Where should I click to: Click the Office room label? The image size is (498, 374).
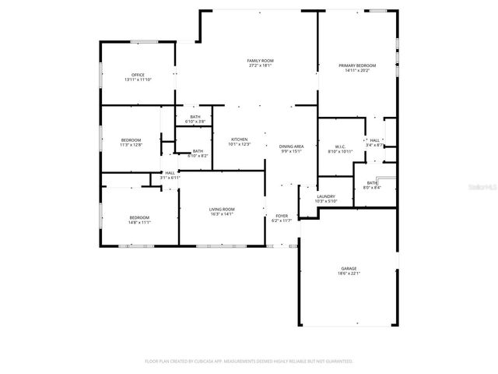(x=138, y=75)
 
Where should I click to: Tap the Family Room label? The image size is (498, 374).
(x=260, y=60)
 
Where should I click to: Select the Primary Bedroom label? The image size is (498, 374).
(x=357, y=65)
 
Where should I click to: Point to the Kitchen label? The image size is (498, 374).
(x=239, y=139)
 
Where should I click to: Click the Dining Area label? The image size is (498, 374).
(x=292, y=146)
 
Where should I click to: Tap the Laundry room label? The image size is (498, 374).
(x=325, y=196)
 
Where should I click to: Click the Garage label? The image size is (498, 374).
(x=348, y=269)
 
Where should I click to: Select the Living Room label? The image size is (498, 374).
(x=222, y=209)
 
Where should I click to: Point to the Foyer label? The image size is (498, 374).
(x=281, y=216)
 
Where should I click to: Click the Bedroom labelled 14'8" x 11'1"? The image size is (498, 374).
(x=139, y=217)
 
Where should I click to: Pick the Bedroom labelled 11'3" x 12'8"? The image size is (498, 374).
(x=131, y=139)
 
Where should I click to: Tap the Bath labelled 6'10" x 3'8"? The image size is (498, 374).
(x=195, y=117)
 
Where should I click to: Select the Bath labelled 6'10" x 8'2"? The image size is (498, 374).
(x=198, y=151)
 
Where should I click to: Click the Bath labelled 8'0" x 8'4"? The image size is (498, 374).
(x=372, y=182)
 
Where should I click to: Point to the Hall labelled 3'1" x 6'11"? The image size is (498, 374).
(x=170, y=173)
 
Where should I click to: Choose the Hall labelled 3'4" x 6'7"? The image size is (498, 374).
(x=374, y=140)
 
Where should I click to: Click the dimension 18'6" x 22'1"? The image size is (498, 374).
(x=348, y=273)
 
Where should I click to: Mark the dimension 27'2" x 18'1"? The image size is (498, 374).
(x=260, y=65)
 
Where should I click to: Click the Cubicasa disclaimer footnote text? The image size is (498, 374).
(x=249, y=361)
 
